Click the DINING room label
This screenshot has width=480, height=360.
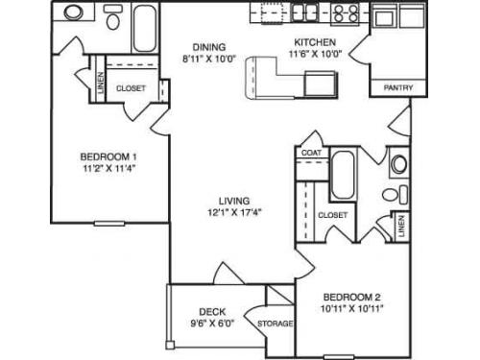(x=208, y=45)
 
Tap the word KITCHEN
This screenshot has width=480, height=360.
(x=314, y=42)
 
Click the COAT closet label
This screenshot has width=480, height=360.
(x=311, y=153)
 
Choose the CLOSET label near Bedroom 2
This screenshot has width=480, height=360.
(x=331, y=215)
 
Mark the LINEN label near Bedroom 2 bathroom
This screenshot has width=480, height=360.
(x=400, y=228)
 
